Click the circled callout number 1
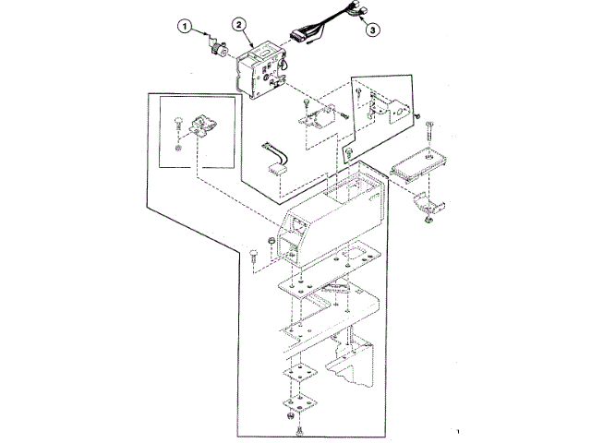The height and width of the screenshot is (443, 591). click(187, 28)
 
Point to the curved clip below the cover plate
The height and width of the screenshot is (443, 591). click(429, 204)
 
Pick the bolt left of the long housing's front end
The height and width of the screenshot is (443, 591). click(253, 253)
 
